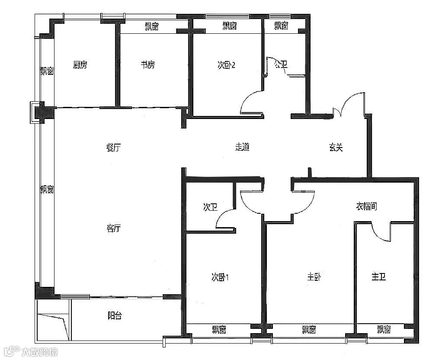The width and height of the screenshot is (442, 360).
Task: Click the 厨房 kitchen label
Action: [x=80, y=65]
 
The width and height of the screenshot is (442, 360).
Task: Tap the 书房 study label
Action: [x=148, y=65]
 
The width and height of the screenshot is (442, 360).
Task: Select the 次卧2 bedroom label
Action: [x=226, y=65]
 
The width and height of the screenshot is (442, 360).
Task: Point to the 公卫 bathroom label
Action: [x=281, y=64]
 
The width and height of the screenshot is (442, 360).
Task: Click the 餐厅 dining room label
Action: [x=113, y=147]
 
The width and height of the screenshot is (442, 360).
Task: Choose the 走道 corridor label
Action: [x=243, y=147]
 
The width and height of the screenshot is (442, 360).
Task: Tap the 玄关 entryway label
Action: [x=336, y=147]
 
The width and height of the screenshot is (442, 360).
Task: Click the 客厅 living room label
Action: [x=114, y=228]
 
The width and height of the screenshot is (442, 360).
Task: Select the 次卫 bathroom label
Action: [x=210, y=207]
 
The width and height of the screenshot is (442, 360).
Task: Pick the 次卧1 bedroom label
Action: [x=220, y=277]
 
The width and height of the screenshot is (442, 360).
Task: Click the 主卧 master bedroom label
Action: [x=314, y=277]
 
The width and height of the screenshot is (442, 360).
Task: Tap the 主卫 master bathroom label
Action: [x=378, y=277]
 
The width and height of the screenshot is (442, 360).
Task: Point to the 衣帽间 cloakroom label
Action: [x=366, y=206]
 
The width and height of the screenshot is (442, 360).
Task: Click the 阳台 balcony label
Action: [x=115, y=315]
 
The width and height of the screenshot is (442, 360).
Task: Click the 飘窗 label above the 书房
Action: [x=152, y=26]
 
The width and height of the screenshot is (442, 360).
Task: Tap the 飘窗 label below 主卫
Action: [x=384, y=329]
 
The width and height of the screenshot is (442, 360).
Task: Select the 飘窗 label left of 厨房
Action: [x=47, y=71]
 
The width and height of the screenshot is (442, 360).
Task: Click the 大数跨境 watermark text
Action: [x=39, y=352]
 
